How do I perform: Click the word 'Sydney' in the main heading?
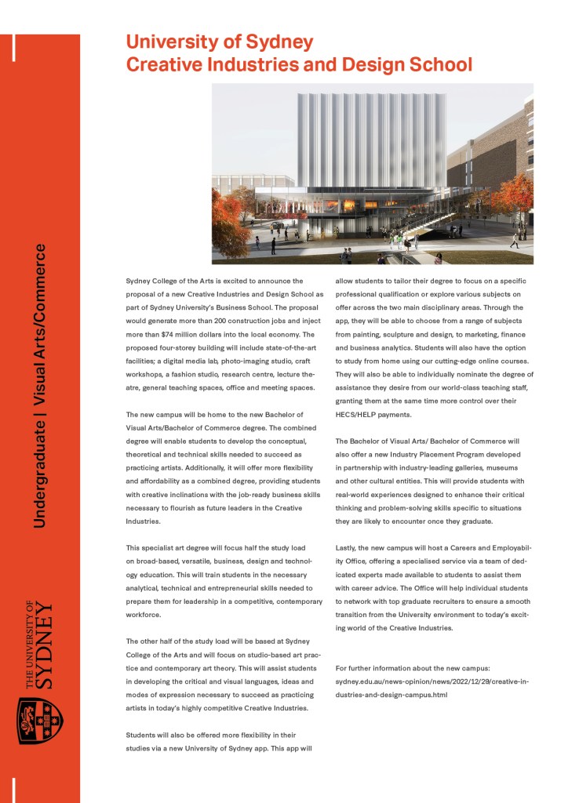pos(283,42)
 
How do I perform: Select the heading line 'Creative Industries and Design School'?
pos(299,64)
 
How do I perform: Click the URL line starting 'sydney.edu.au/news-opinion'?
pos(431,681)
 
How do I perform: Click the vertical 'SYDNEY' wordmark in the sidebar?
pos(46,645)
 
